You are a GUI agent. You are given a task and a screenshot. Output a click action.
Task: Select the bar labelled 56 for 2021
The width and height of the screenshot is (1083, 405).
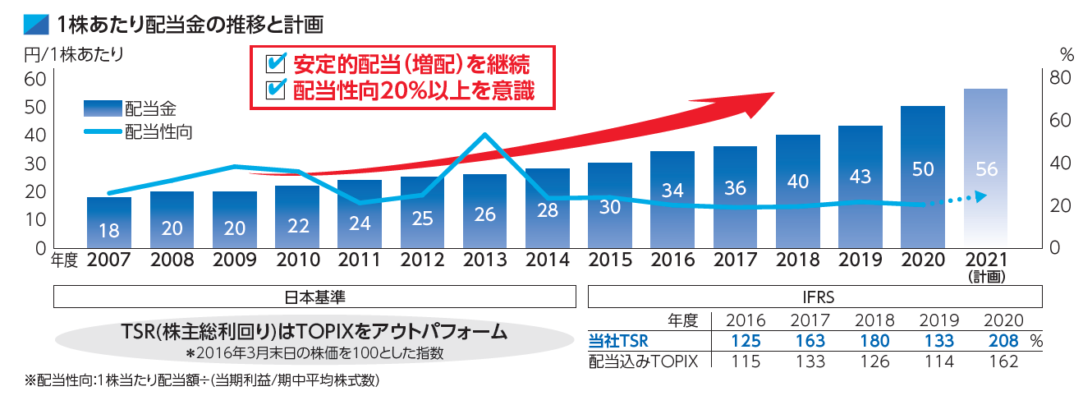point(985,168)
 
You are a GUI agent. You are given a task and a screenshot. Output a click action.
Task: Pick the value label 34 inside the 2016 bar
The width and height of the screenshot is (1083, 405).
point(672,190)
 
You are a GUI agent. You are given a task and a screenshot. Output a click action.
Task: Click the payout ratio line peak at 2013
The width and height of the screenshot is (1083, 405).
point(485,135)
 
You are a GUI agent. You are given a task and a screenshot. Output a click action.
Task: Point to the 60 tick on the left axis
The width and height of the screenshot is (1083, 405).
point(34,80)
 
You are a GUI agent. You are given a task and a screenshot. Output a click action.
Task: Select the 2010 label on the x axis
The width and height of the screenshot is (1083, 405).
point(297,260)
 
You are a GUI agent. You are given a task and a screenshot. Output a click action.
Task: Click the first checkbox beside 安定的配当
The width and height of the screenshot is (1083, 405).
point(277,63)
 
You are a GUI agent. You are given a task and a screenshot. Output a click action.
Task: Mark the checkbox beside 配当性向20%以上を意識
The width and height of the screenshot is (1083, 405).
point(277,89)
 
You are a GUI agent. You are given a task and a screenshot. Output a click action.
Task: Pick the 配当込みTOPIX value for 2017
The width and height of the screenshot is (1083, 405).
point(809,361)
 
